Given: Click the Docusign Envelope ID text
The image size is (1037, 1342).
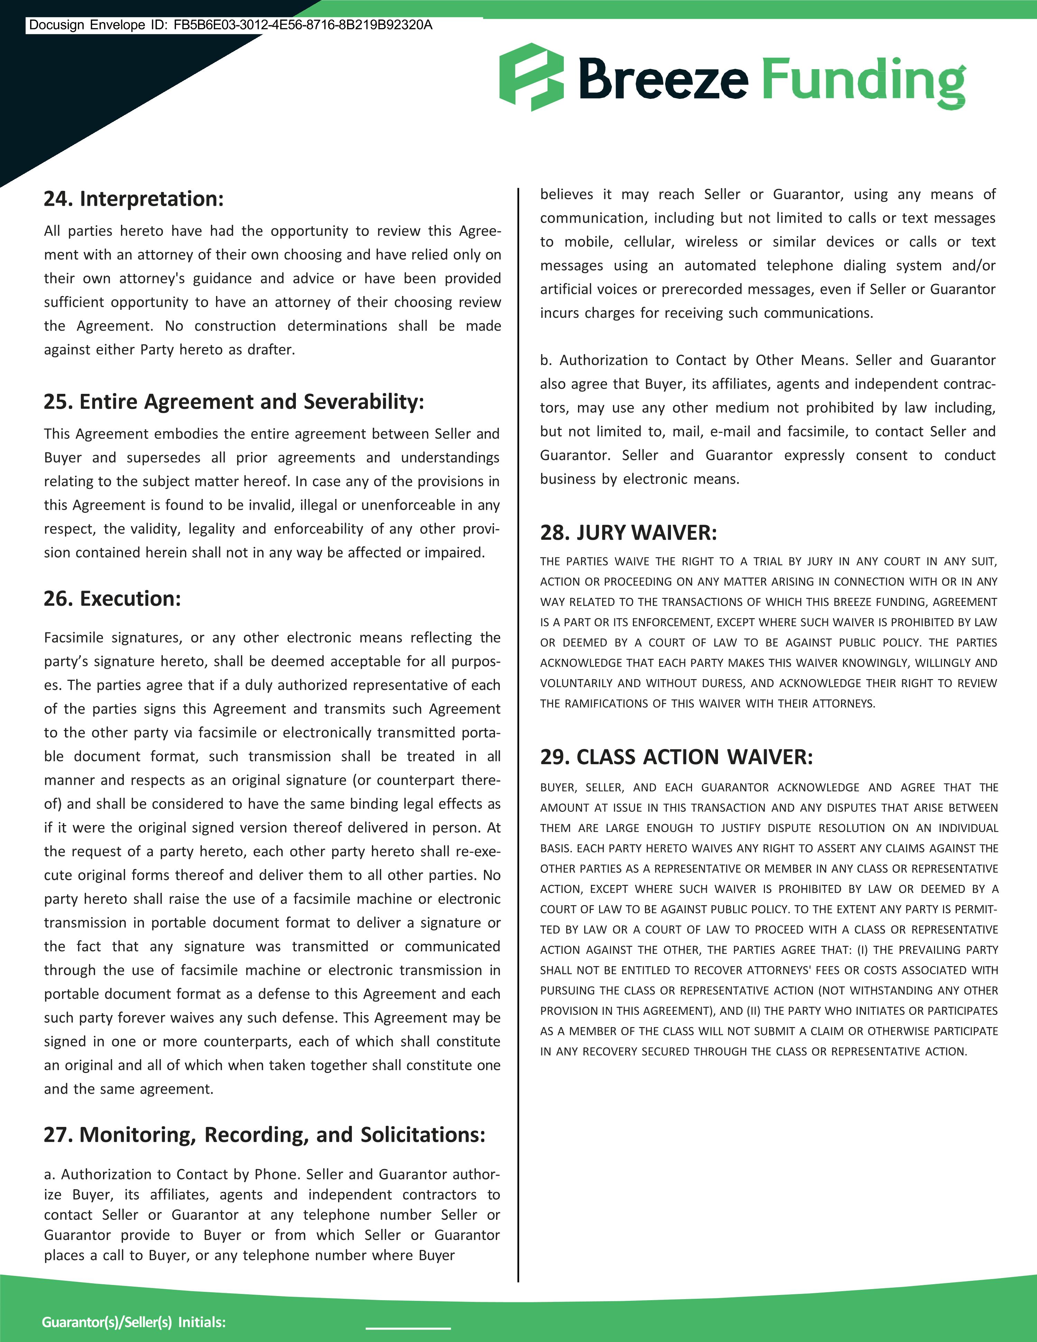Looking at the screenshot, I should pyautogui.click(x=230, y=25).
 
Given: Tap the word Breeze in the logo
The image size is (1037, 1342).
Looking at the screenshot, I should pyautogui.click(x=663, y=78).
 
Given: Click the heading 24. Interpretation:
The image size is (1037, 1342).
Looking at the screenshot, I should pyautogui.click(x=133, y=199).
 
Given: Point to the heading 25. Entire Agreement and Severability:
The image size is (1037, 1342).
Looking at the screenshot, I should pyautogui.click(x=233, y=402).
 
